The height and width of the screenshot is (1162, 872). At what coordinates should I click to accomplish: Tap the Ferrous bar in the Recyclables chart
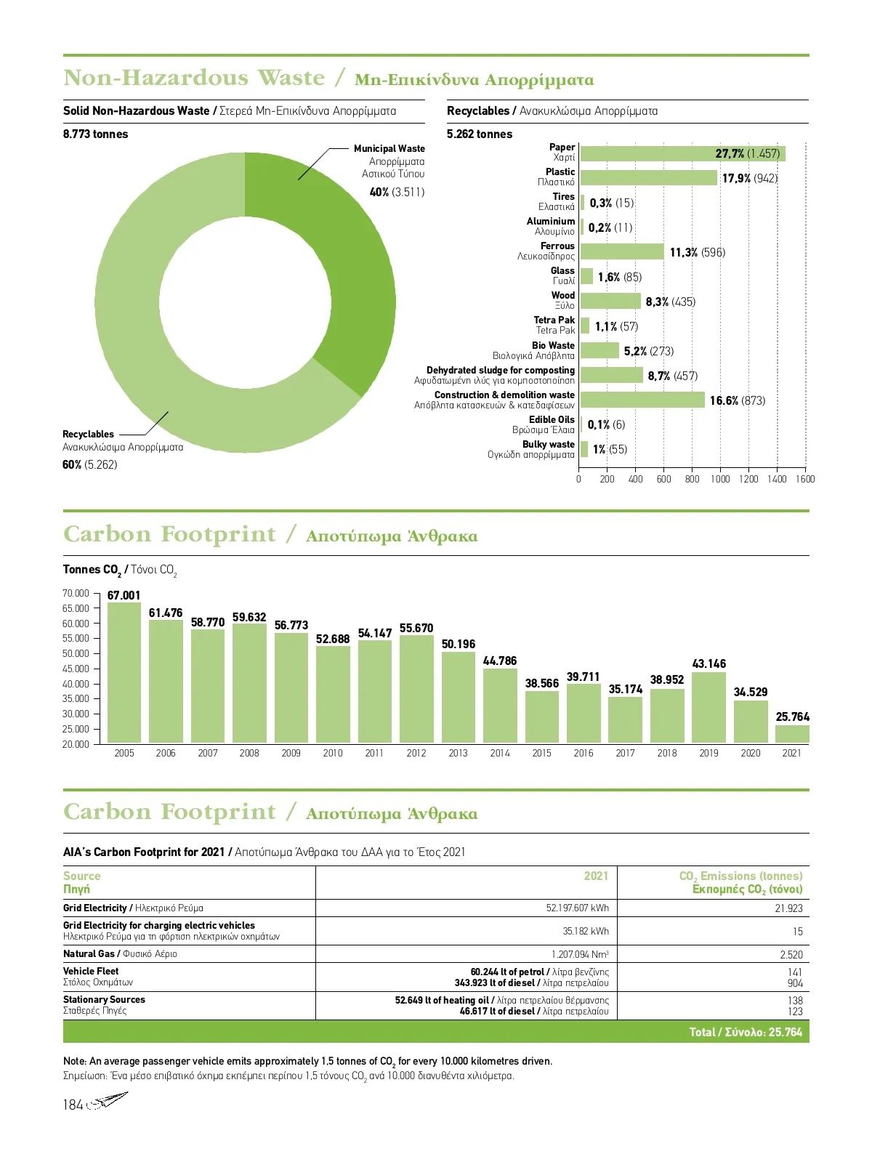pyautogui.click(x=622, y=251)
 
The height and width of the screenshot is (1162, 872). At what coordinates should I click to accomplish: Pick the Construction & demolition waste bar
pyautogui.click(x=642, y=400)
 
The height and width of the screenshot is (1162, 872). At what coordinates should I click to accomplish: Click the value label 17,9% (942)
pyautogui.click(x=749, y=178)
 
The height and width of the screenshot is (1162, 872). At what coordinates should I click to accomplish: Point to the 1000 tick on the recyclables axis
pyautogui.click(x=720, y=479)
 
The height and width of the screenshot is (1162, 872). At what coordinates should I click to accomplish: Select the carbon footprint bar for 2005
pyautogui.click(x=124, y=672)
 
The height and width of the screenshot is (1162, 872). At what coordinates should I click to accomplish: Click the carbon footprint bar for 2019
pyautogui.click(x=708, y=707)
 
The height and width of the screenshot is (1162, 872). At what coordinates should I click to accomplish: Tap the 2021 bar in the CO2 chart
pyautogui.click(x=792, y=734)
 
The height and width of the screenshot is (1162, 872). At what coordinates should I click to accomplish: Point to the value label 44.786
pyautogui.click(x=500, y=661)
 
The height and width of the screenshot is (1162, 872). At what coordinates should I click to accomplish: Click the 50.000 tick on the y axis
pyautogui.click(x=76, y=653)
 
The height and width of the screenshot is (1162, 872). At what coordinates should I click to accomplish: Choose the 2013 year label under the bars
pyautogui.click(x=458, y=754)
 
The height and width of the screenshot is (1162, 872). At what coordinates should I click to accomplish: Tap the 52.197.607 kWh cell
pyautogui.click(x=577, y=908)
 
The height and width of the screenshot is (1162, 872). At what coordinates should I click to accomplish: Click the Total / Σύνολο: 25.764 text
pyautogui.click(x=745, y=1032)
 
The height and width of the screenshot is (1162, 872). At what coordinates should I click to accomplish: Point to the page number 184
pyautogui.click(x=73, y=1105)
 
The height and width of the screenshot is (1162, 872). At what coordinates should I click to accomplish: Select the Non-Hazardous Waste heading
pyautogui.click(x=194, y=78)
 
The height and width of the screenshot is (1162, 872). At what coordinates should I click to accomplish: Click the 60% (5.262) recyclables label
pyautogui.click(x=89, y=464)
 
